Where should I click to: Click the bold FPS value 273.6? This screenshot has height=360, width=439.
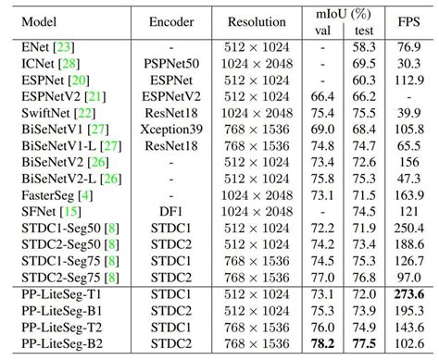(408, 293)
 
